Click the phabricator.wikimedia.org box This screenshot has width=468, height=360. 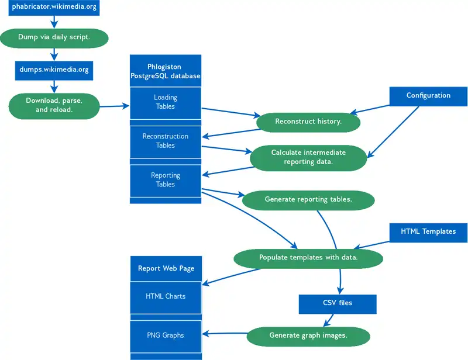click(54, 8)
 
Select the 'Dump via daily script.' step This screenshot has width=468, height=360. click(54, 38)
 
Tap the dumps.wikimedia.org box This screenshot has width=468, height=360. click(54, 70)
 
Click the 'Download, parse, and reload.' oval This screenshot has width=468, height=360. click(54, 105)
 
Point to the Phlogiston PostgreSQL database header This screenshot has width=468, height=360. click(166, 71)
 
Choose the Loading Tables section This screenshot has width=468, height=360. click(166, 102)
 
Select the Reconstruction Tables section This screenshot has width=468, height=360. click(166, 141)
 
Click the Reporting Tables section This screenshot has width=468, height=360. click(166, 180)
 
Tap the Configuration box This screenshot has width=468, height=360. click(428, 96)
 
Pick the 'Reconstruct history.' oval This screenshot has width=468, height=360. click(308, 122)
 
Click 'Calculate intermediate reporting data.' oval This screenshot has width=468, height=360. click(308, 157)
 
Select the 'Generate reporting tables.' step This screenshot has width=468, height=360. click(308, 199)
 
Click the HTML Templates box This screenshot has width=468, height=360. click(428, 231)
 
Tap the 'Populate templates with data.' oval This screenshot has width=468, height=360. click(308, 257)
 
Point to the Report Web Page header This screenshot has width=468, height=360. click(166, 268)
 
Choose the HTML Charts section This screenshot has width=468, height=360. click(166, 297)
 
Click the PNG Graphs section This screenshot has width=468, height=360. click(166, 335)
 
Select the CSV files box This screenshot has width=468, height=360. click(338, 303)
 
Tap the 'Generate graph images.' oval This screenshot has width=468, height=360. click(308, 335)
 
